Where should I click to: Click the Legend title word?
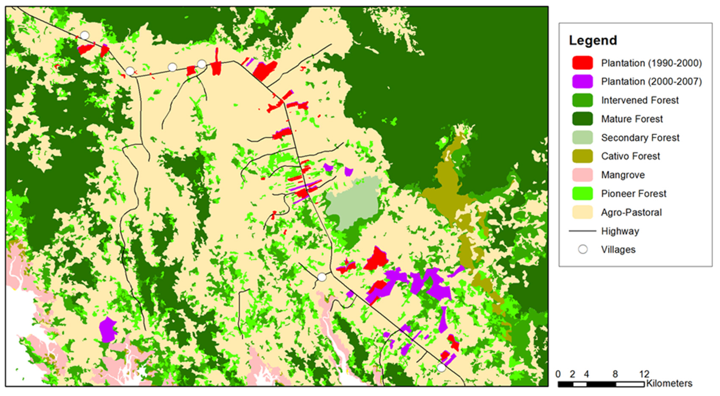[x=593, y=41]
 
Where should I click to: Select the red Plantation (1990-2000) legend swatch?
[x=583, y=63]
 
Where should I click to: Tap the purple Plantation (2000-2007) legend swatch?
[x=583, y=81]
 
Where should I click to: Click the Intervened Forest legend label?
[x=640, y=100]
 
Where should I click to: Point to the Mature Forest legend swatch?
[x=583, y=119]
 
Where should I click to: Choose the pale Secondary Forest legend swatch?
[x=583, y=137]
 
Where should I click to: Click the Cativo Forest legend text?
[x=631, y=156]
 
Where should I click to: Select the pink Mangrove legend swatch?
[x=583, y=175]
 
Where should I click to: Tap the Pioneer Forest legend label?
[x=634, y=194]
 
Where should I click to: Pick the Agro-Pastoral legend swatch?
[x=583, y=212]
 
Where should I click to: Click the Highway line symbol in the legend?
[x=583, y=231]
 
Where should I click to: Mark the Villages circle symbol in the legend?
[x=583, y=249]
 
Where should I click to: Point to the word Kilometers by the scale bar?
[x=669, y=383]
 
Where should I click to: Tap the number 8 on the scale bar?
[x=615, y=374]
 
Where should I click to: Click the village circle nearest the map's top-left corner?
[x=85, y=35]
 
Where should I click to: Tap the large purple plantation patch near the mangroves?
[x=108, y=330]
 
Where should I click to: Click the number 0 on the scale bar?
[x=558, y=374]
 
